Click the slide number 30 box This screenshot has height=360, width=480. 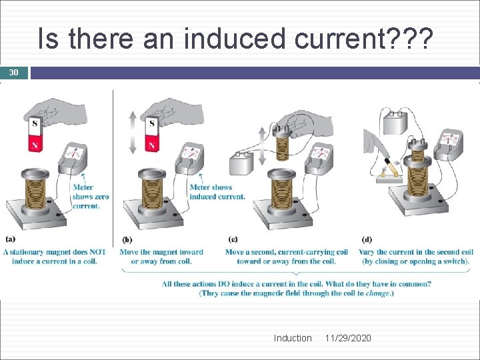point(14,73)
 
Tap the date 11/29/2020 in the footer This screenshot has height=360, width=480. point(348,338)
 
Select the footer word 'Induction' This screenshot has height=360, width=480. point(292,338)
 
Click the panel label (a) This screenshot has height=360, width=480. point(11,239)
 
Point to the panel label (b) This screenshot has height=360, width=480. point(127,239)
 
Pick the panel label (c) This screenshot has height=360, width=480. point(233,239)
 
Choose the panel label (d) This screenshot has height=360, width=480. point(367,239)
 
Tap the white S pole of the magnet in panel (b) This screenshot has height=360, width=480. point(152,125)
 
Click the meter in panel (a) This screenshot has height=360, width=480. point(74,159)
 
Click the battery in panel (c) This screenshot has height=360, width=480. point(241,163)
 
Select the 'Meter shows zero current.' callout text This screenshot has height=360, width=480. point(91,197)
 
